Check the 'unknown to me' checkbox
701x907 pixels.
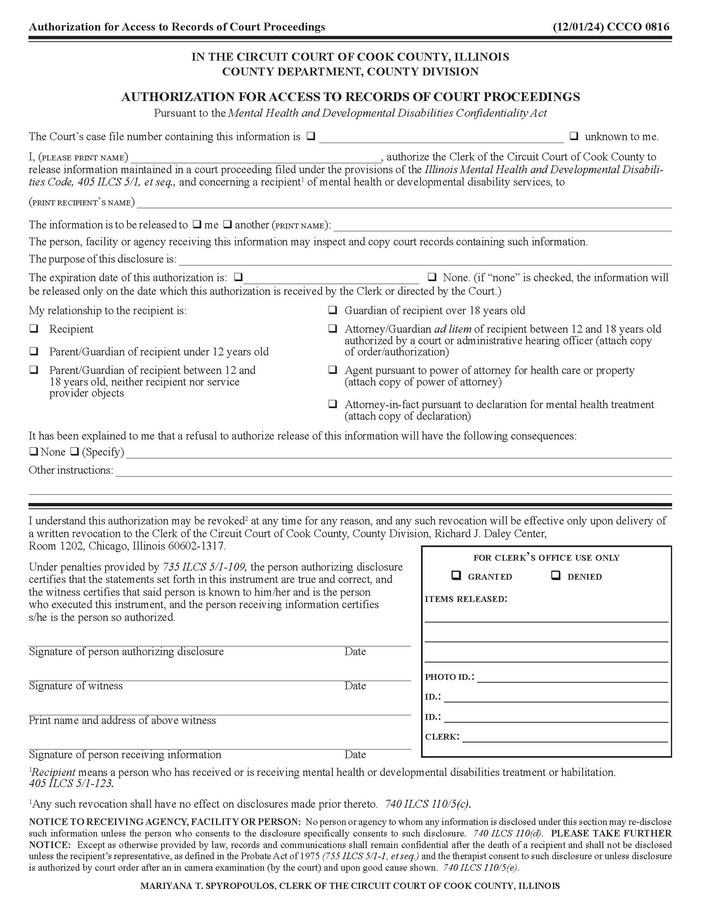click(x=574, y=136)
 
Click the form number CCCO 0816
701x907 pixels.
click(x=638, y=27)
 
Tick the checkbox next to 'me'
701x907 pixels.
click(x=197, y=225)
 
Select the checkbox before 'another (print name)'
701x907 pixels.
click(x=227, y=225)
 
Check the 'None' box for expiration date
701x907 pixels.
click(x=432, y=277)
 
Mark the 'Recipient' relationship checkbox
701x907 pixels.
click(x=34, y=329)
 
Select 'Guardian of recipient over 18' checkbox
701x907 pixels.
click(x=333, y=310)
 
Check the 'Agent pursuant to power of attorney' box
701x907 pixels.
click(x=333, y=370)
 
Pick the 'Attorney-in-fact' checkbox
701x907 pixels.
click(x=333, y=404)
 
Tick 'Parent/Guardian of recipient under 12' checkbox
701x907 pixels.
click(x=34, y=351)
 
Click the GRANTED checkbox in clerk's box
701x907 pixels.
click(x=456, y=576)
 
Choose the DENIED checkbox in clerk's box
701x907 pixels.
click(x=556, y=576)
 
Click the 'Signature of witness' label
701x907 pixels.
click(x=75, y=686)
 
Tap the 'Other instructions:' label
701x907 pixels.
click(x=71, y=470)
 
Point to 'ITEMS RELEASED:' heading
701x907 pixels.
click(x=466, y=599)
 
